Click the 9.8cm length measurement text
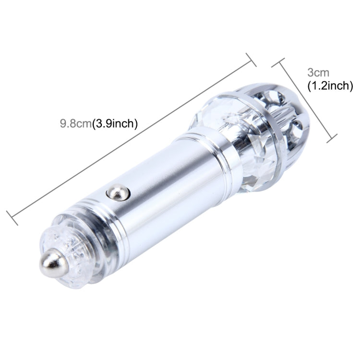pos(75,123)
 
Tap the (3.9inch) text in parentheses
pos(115,123)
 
